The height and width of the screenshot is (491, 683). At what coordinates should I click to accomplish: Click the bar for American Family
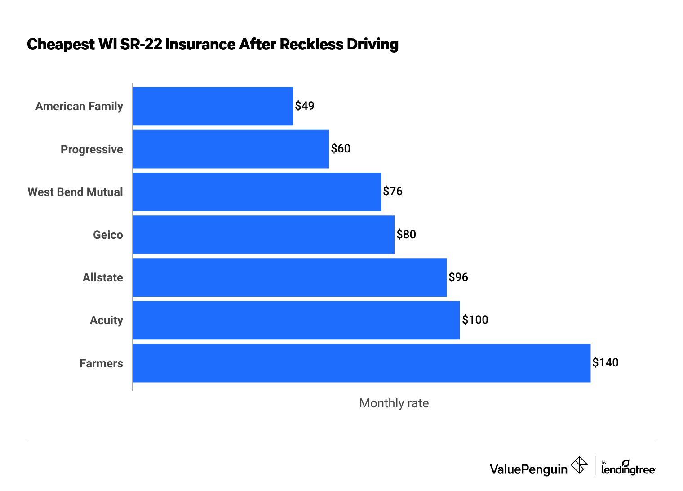tap(213, 106)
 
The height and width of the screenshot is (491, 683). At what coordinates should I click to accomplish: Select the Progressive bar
tap(231, 149)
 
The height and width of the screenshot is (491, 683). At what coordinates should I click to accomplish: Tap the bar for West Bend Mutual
tap(257, 192)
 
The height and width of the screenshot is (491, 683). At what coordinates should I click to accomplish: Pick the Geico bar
tap(263, 235)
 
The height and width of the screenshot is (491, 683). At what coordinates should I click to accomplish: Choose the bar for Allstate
tap(290, 277)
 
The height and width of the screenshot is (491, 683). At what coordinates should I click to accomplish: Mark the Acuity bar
tap(296, 320)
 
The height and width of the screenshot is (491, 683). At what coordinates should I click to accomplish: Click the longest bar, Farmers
tap(362, 363)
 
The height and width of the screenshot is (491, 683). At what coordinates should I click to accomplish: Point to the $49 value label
tap(305, 106)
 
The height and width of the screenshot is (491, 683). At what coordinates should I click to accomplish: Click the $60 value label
tap(341, 148)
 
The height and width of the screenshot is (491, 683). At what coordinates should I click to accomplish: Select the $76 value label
tap(393, 192)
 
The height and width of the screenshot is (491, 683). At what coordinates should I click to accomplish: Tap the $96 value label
tap(458, 277)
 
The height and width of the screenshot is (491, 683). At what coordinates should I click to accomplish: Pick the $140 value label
tap(605, 362)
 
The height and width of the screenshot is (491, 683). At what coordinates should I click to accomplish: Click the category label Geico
tap(108, 235)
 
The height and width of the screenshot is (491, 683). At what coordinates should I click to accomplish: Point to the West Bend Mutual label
tap(75, 192)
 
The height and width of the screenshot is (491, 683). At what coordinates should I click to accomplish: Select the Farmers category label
tap(101, 363)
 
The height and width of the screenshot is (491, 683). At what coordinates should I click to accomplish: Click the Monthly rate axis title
tap(394, 403)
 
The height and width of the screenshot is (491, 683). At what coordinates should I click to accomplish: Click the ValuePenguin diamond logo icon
tap(579, 465)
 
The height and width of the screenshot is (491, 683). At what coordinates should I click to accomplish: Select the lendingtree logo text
tap(628, 469)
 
